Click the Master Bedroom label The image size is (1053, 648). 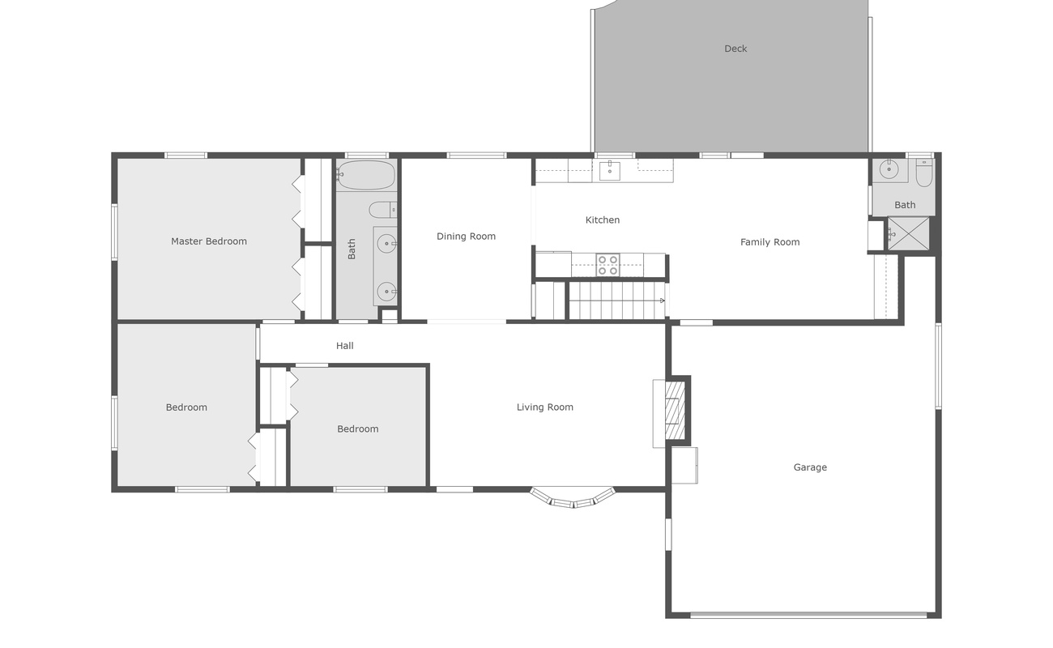point(209,241)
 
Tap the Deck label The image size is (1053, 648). point(735,49)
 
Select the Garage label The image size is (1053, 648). point(810,467)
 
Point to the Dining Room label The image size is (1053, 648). point(466,237)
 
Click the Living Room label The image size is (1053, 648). point(545,407)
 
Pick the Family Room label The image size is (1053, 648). point(769,242)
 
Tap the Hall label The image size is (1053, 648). point(345,346)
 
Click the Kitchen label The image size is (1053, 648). point(603,220)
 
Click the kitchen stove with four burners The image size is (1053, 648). point(607,265)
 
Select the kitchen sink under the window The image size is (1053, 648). point(609,170)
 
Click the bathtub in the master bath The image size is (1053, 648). point(366,175)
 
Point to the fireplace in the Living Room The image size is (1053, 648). point(673,411)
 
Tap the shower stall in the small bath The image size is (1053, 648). point(907,233)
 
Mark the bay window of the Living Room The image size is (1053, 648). point(573,498)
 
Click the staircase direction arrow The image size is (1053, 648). point(662,301)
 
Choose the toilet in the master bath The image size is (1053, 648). point(382,210)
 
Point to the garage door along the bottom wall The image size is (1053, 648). point(808,615)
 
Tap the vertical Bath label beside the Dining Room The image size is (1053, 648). point(352,249)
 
